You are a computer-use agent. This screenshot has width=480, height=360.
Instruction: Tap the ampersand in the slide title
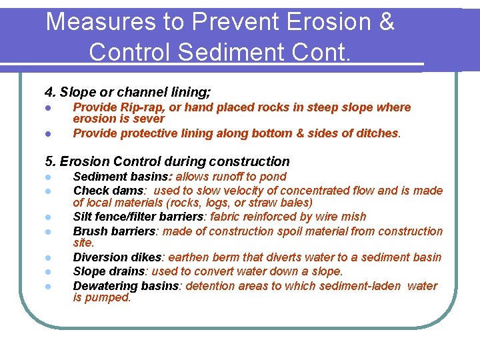(385, 22)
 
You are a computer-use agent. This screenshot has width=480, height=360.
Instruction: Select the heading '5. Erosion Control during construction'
(167, 161)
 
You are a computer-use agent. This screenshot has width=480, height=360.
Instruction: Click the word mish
(352, 217)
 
